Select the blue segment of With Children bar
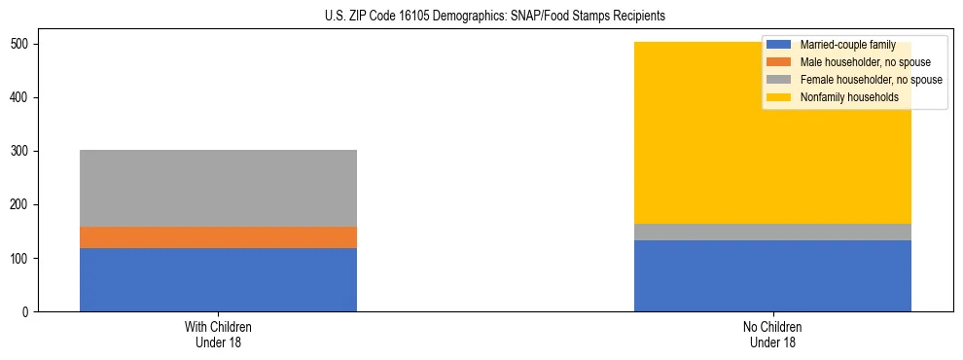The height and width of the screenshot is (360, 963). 218,279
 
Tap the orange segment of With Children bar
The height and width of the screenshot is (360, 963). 218,237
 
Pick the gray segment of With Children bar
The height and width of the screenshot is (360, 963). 218,188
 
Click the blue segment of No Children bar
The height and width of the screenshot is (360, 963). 772,275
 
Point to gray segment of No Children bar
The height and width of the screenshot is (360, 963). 772,232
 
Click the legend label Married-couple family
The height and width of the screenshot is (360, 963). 847,45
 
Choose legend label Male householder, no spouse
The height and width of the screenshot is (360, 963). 865,62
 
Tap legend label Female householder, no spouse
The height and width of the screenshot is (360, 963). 871,80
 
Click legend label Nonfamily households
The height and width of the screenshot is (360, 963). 849,97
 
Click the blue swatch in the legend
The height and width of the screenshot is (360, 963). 779,45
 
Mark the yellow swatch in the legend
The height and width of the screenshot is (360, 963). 779,97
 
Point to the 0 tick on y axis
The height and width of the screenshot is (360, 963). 27,311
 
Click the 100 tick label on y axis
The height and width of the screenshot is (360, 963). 20,258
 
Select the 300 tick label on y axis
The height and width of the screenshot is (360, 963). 20,151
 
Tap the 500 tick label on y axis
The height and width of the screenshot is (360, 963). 20,44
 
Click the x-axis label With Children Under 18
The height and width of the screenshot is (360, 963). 218,334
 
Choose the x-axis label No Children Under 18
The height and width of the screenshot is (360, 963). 772,334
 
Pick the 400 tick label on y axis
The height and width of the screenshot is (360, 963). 20,97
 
